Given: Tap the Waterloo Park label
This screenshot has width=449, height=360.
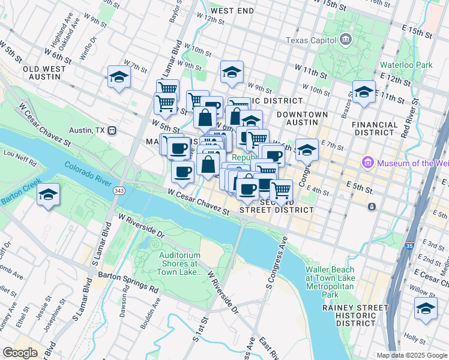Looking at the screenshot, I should click(406, 65).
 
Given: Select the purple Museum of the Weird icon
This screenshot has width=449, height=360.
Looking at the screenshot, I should click(367, 163).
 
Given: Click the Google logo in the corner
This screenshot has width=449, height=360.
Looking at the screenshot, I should click(20, 353).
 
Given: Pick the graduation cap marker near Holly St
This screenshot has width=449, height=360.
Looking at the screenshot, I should click(426, 309).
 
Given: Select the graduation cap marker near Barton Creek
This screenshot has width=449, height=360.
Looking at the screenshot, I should click(48, 195).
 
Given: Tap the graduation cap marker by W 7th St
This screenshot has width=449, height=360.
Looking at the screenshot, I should click(119, 77).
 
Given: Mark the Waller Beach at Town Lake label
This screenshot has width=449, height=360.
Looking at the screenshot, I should click(329, 283).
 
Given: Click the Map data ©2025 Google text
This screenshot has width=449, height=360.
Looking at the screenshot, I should click(411, 355).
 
